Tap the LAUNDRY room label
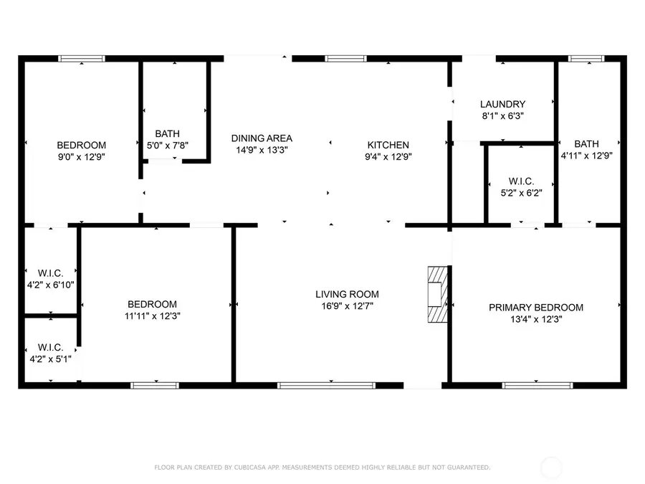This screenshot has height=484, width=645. coord(502,104)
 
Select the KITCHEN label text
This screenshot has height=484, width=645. coord(388,144)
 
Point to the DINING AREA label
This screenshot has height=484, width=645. coord(262,138)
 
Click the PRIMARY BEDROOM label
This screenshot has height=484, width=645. coord(535,308)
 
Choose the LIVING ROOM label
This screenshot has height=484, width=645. coord(347,294)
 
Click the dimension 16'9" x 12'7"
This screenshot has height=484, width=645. coord(347,305)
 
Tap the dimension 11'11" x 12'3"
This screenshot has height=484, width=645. coord(152,315)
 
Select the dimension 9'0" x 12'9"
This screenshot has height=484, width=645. coord(81,156)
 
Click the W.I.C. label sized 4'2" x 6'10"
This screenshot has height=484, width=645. coord(50,272)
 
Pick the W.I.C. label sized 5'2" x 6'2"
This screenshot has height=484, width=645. coord(520,181)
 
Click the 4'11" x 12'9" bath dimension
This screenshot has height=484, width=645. coord(586,155)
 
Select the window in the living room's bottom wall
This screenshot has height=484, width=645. coord(326,385)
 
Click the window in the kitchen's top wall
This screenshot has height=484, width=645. coord(345,59)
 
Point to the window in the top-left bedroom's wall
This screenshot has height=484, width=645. coord(81,59)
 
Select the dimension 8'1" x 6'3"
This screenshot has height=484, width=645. coord(502,115)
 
